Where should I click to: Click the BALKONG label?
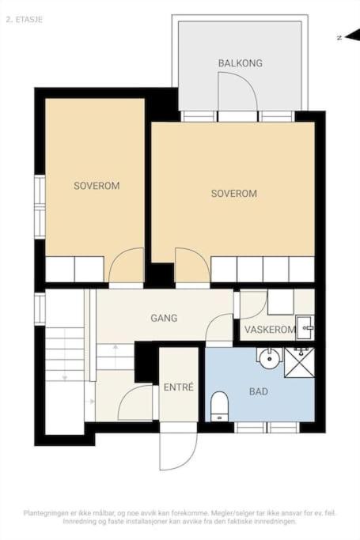pyautogui.click(x=240, y=63)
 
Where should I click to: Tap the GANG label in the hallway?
pyautogui.click(x=164, y=318)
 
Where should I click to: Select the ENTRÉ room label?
pyautogui.click(x=179, y=387)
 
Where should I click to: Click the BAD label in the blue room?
pyautogui.click(x=259, y=391)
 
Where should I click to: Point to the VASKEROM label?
pyautogui.click(x=270, y=330)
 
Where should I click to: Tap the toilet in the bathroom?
pyautogui.click(x=219, y=406)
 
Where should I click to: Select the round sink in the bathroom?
pyautogui.click(x=269, y=359)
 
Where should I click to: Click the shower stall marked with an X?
pyautogui.click(x=299, y=363)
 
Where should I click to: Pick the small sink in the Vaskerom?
pyautogui.click(x=305, y=327)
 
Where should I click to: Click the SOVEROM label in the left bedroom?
pyautogui.click(x=97, y=186)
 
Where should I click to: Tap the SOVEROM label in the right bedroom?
pyautogui.click(x=234, y=193)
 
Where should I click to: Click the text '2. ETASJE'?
pyautogui.click(x=25, y=20)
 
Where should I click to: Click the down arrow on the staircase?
pyautogui.click(x=64, y=377)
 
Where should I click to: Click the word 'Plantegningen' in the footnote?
pyautogui.click(x=45, y=513)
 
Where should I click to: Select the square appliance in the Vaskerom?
pyautogui.click(x=281, y=302)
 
